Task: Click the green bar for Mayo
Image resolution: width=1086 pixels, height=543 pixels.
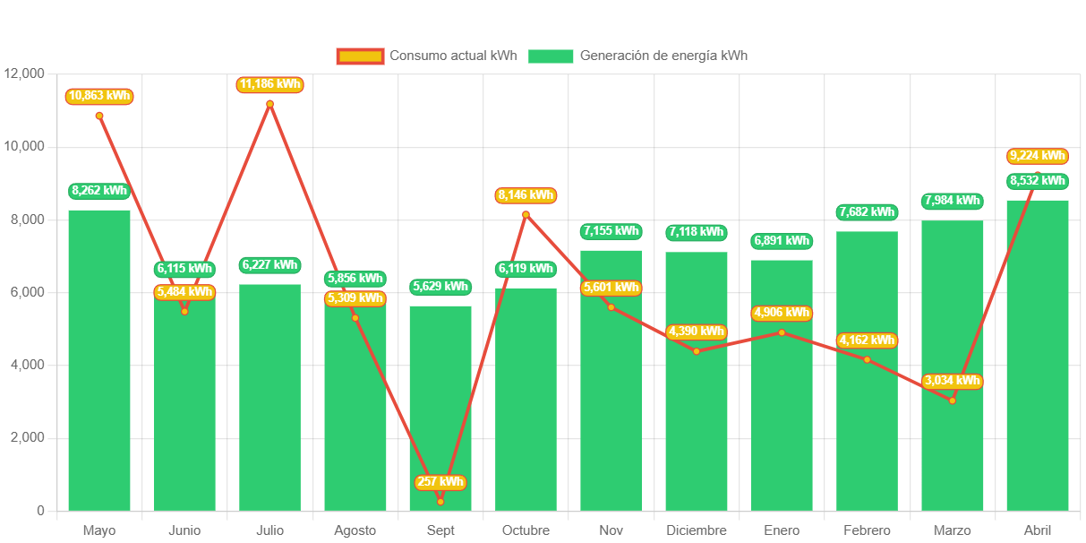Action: click(99, 358)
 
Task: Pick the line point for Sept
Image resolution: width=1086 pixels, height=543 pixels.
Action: click(440, 502)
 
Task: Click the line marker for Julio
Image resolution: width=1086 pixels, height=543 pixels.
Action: click(269, 104)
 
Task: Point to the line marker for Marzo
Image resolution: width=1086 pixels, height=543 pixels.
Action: click(952, 401)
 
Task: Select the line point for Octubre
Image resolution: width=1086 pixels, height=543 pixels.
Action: click(526, 214)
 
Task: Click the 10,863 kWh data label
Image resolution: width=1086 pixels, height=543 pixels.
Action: click(98, 96)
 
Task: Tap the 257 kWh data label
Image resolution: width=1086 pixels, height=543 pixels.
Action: click(440, 482)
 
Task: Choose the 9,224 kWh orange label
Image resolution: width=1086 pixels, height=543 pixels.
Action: click(1037, 156)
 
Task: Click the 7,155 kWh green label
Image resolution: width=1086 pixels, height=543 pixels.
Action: click(611, 231)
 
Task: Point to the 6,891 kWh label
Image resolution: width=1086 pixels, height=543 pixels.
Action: click(782, 241)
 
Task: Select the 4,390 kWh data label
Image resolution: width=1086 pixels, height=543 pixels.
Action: click(696, 332)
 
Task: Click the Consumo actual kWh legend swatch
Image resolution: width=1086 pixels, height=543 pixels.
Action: click(360, 56)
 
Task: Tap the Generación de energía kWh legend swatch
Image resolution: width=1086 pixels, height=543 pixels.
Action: click(550, 56)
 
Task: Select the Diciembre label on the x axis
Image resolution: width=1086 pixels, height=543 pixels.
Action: click(696, 530)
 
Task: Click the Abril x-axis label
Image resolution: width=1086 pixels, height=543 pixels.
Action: click(1037, 530)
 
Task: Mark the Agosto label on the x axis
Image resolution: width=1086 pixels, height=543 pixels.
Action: click(355, 530)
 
